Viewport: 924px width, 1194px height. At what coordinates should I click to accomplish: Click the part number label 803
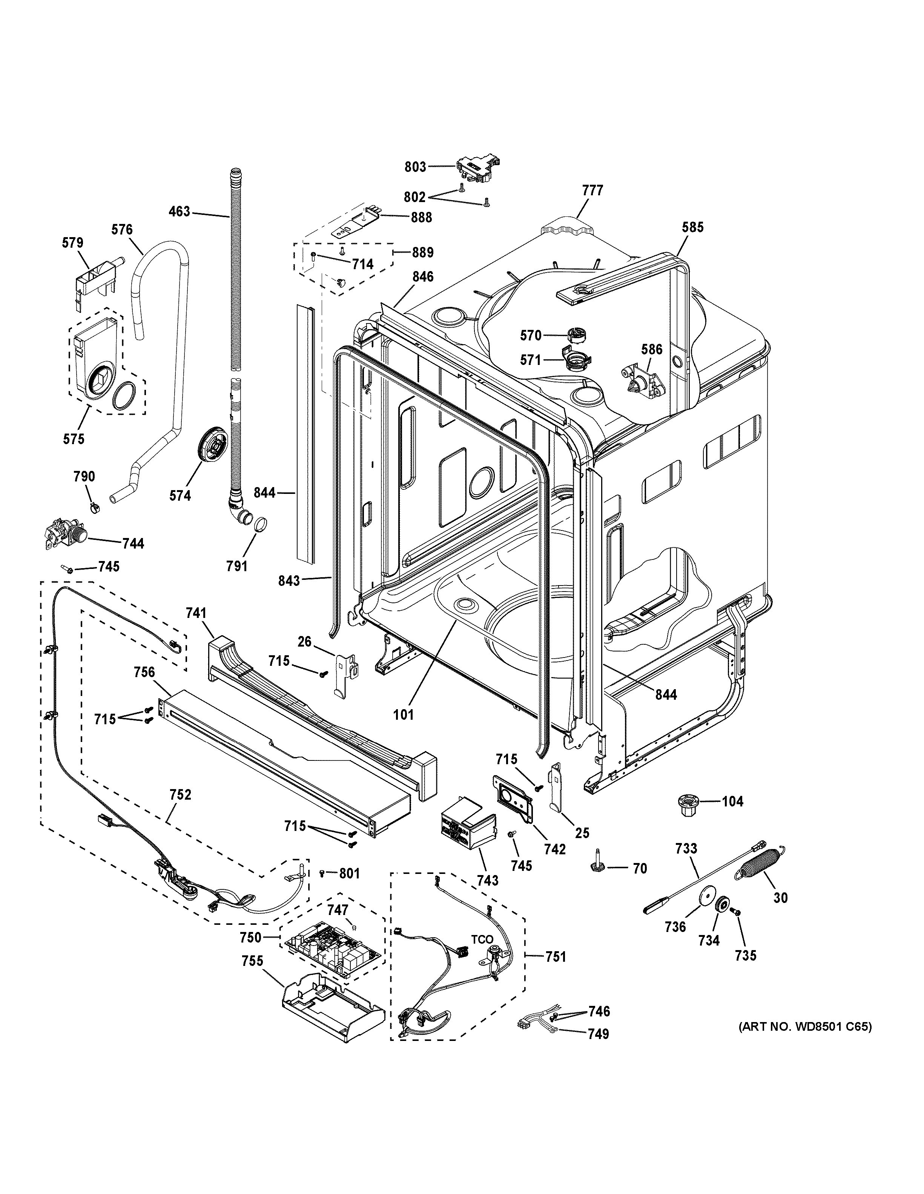click(415, 167)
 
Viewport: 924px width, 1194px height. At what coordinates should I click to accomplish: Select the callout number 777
click(592, 190)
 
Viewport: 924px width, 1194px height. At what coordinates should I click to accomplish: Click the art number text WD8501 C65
click(805, 1027)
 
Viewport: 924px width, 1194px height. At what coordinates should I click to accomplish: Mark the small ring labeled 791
click(261, 524)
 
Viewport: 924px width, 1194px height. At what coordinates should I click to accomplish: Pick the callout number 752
click(180, 794)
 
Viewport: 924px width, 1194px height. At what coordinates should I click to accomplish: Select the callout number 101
click(404, 714)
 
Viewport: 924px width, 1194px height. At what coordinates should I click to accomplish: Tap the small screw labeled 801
click(322, 873)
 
